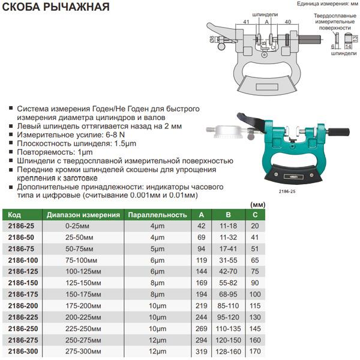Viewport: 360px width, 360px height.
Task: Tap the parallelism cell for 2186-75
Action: (x=157, y=249)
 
